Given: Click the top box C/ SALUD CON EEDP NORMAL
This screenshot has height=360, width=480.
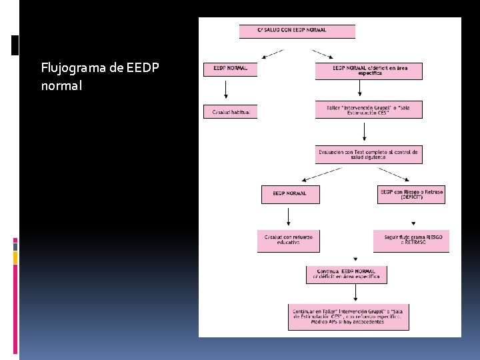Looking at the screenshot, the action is click(x=297, y=31).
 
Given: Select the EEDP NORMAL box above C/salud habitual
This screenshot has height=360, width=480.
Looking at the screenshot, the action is click(x=230, y=69).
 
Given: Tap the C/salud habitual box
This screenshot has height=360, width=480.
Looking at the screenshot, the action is click(x=230, y=111).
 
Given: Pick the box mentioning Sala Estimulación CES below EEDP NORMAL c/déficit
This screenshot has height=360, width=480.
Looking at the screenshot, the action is click(x=368, y=110).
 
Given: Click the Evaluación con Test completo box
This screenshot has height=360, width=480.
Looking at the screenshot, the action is click(x=368, y=155).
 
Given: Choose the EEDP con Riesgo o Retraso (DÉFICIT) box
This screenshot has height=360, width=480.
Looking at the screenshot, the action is click(x=411, y=194).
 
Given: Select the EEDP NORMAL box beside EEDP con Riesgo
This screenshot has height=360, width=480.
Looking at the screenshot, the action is click(x=290, y=194).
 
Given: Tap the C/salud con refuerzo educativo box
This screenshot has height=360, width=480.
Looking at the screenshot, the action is click(x=288, y=241).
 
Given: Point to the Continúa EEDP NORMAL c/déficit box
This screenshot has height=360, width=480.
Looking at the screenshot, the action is click(x=346, y=274).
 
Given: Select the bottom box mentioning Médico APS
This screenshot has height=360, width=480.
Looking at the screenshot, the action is click(x=348, y=317).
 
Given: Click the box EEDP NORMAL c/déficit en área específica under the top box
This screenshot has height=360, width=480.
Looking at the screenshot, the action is click(x=368, y=71).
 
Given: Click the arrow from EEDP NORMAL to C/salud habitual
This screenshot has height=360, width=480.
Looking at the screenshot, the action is click(x=226, y=89).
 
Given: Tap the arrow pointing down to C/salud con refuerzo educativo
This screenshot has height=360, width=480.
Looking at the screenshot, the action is click(x=288, y=217).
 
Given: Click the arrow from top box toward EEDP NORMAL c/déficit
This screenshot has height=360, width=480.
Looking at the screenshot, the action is click(x=323, y=53).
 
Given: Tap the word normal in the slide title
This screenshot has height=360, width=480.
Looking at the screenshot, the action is click(x=61, y=85).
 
